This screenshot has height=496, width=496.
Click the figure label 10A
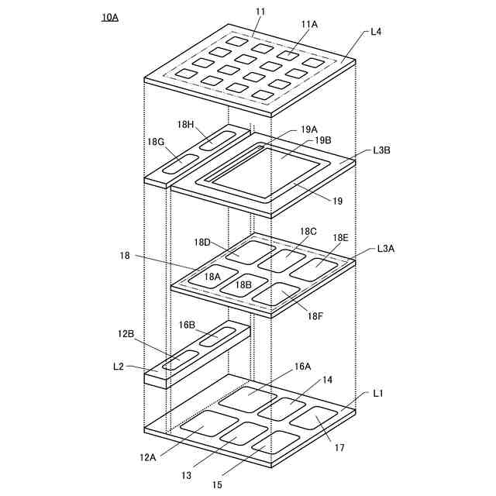(x=109, y=16)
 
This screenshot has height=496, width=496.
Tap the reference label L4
(x=376, y=32)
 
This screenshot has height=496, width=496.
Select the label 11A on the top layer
(x=309, y=25)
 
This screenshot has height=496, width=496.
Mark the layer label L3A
(x=386, y=249)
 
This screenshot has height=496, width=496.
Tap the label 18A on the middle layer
(x=212, y=276)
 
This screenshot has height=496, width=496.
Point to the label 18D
(x=203, y=243)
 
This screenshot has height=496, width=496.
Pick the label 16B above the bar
(x=187, y=324)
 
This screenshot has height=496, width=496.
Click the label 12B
(x=126, y=334)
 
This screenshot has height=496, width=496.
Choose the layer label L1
(x=378, y=394)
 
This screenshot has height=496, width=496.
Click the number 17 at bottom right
(x=339, y=448)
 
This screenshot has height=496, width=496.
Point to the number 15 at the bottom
(x=219, y=484)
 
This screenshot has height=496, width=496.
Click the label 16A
(x=301, y=366)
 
